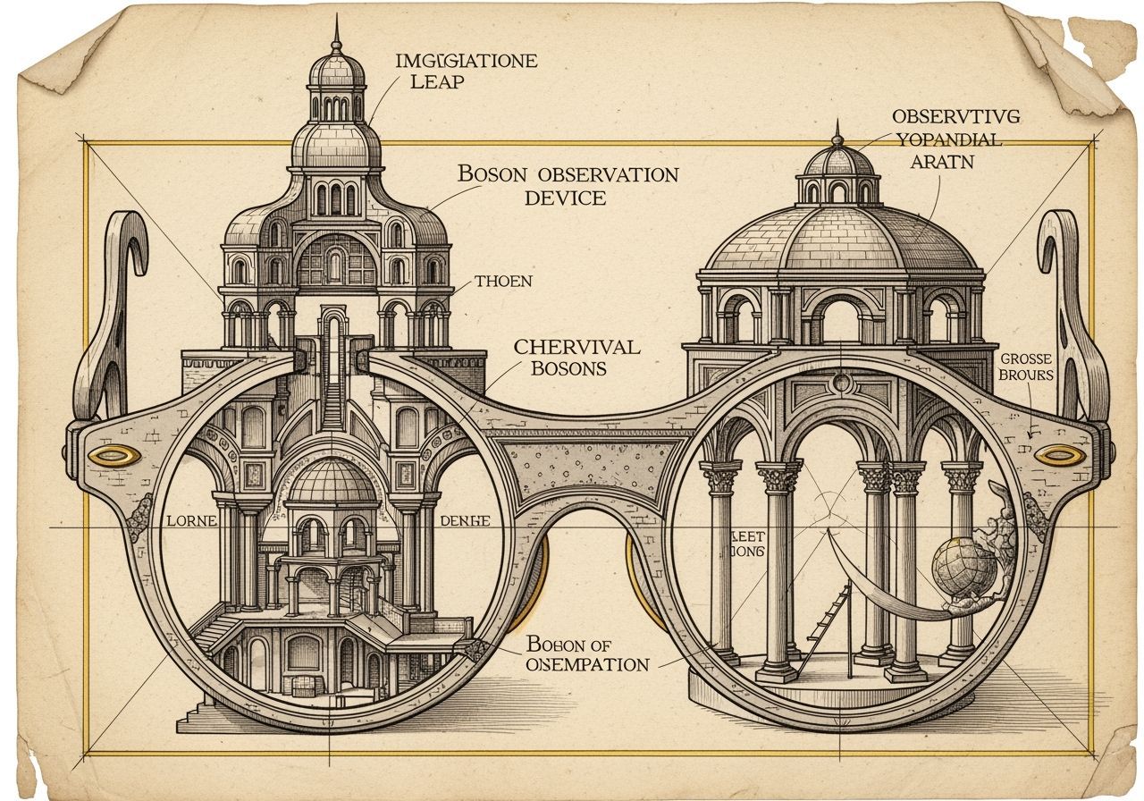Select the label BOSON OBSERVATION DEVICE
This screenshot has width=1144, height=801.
567,185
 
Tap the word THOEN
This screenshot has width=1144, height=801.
503,282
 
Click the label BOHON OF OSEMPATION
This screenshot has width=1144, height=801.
586,653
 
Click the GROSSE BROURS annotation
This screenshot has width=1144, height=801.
1029,368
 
